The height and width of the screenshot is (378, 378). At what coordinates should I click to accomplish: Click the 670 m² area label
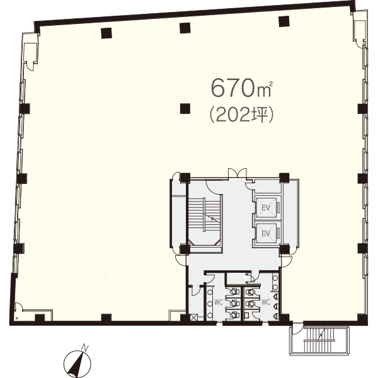[242, 88]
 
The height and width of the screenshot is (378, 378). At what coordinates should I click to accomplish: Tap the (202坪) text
[242, 115]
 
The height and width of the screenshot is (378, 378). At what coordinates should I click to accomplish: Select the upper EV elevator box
[266, 208]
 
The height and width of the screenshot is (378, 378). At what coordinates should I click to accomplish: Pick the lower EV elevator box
[266, 233]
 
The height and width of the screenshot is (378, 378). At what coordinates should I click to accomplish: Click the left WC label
[219, 302]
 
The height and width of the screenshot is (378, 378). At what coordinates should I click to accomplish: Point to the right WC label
[266, 302]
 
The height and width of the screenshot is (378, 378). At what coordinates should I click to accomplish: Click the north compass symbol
[77, 364]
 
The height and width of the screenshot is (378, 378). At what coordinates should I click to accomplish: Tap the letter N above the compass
[85, 348]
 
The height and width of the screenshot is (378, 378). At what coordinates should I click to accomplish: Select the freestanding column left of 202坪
[185, 109]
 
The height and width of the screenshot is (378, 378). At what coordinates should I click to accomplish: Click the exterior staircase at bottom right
[319, 340]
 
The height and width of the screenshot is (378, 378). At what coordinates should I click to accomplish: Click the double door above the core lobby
[238, 174]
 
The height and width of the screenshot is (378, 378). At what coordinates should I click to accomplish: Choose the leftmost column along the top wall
[106, 33]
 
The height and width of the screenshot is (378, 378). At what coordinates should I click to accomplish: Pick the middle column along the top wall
[185, 28]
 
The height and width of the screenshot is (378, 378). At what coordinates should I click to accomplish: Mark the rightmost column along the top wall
[284, 21]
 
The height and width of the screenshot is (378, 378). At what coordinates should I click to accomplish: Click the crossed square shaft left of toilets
[193, 318]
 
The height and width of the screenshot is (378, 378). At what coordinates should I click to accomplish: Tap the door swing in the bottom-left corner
[19, 307]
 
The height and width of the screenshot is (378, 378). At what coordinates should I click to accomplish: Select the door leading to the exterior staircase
[297, 329]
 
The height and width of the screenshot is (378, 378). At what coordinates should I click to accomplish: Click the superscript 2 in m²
[271, 84]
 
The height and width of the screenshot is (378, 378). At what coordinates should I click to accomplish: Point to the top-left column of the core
[185, 178]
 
